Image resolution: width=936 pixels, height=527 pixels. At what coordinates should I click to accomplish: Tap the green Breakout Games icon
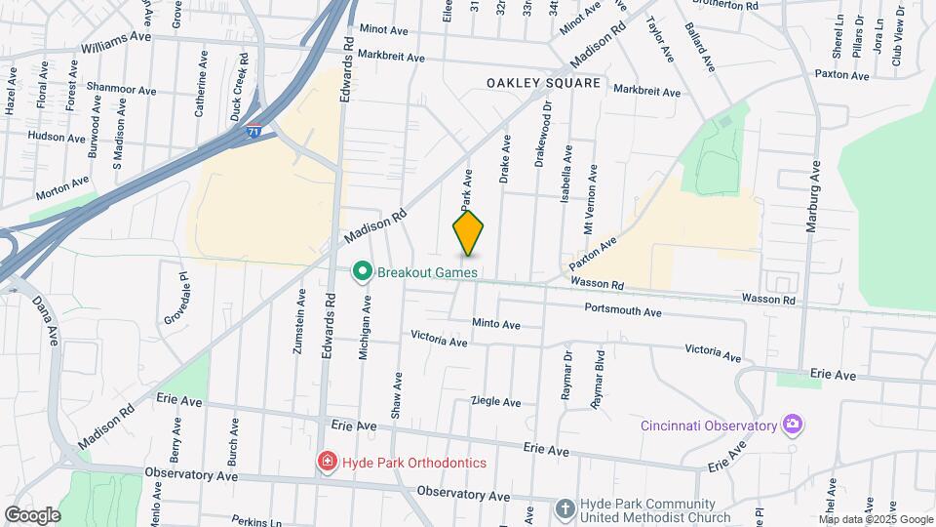pos(363,270)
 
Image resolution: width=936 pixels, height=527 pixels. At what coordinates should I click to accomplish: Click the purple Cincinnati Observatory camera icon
pos(794,424)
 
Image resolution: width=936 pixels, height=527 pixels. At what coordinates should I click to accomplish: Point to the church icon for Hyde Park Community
pos(565,508)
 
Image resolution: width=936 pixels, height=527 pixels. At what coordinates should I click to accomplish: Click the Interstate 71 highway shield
pos(253,131)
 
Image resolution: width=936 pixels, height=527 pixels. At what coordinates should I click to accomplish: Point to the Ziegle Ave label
pos(495,401)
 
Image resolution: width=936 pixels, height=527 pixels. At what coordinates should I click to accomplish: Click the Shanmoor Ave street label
pos(121,90)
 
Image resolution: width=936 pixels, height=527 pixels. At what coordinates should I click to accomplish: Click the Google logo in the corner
pos(31,514)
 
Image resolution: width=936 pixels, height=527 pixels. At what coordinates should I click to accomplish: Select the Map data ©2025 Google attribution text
pos(875,519)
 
